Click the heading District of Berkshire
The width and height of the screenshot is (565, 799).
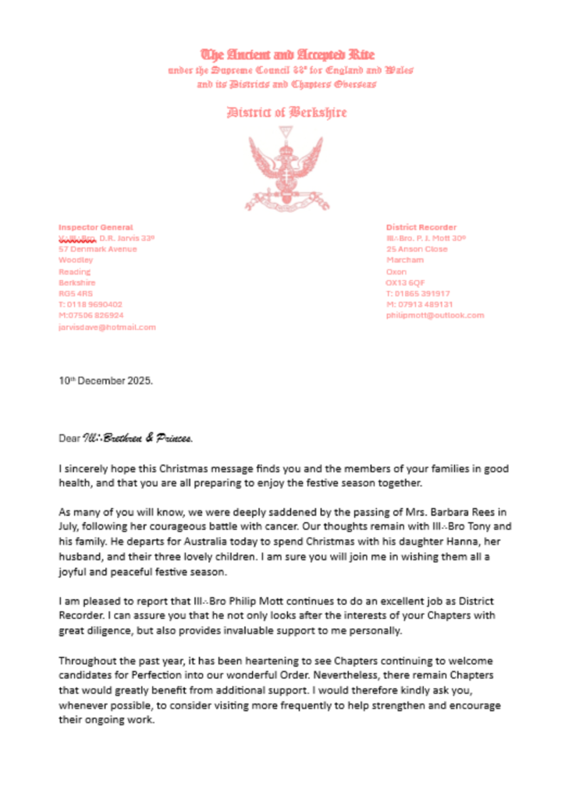click(286, 113)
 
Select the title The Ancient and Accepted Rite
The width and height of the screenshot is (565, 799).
click(288, 55)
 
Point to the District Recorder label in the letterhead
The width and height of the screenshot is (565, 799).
click(421, 227)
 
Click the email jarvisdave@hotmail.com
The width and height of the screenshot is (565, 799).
click(107, 327)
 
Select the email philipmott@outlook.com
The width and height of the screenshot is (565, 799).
click(435, 315)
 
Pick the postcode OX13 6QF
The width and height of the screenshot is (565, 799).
click(405, 282)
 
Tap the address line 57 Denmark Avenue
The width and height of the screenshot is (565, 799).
click(98, 249)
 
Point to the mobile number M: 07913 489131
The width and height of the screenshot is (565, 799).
click(419, 304)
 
